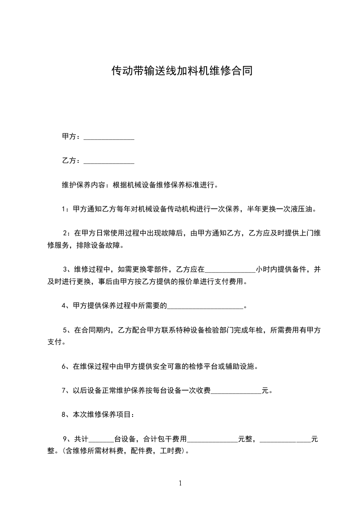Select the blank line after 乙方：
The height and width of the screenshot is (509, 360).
109,161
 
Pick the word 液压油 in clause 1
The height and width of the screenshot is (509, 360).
304,209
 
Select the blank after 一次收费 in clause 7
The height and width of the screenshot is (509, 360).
237,392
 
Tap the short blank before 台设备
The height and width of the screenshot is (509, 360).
101,440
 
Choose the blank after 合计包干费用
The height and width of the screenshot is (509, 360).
212,440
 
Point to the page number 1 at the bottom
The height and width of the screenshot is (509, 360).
180,484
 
